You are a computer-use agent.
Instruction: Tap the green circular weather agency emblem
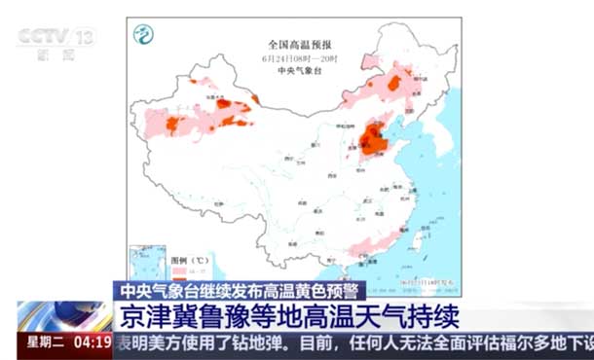click(143, 35)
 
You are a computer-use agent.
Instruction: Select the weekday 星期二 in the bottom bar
click(44, 343)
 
